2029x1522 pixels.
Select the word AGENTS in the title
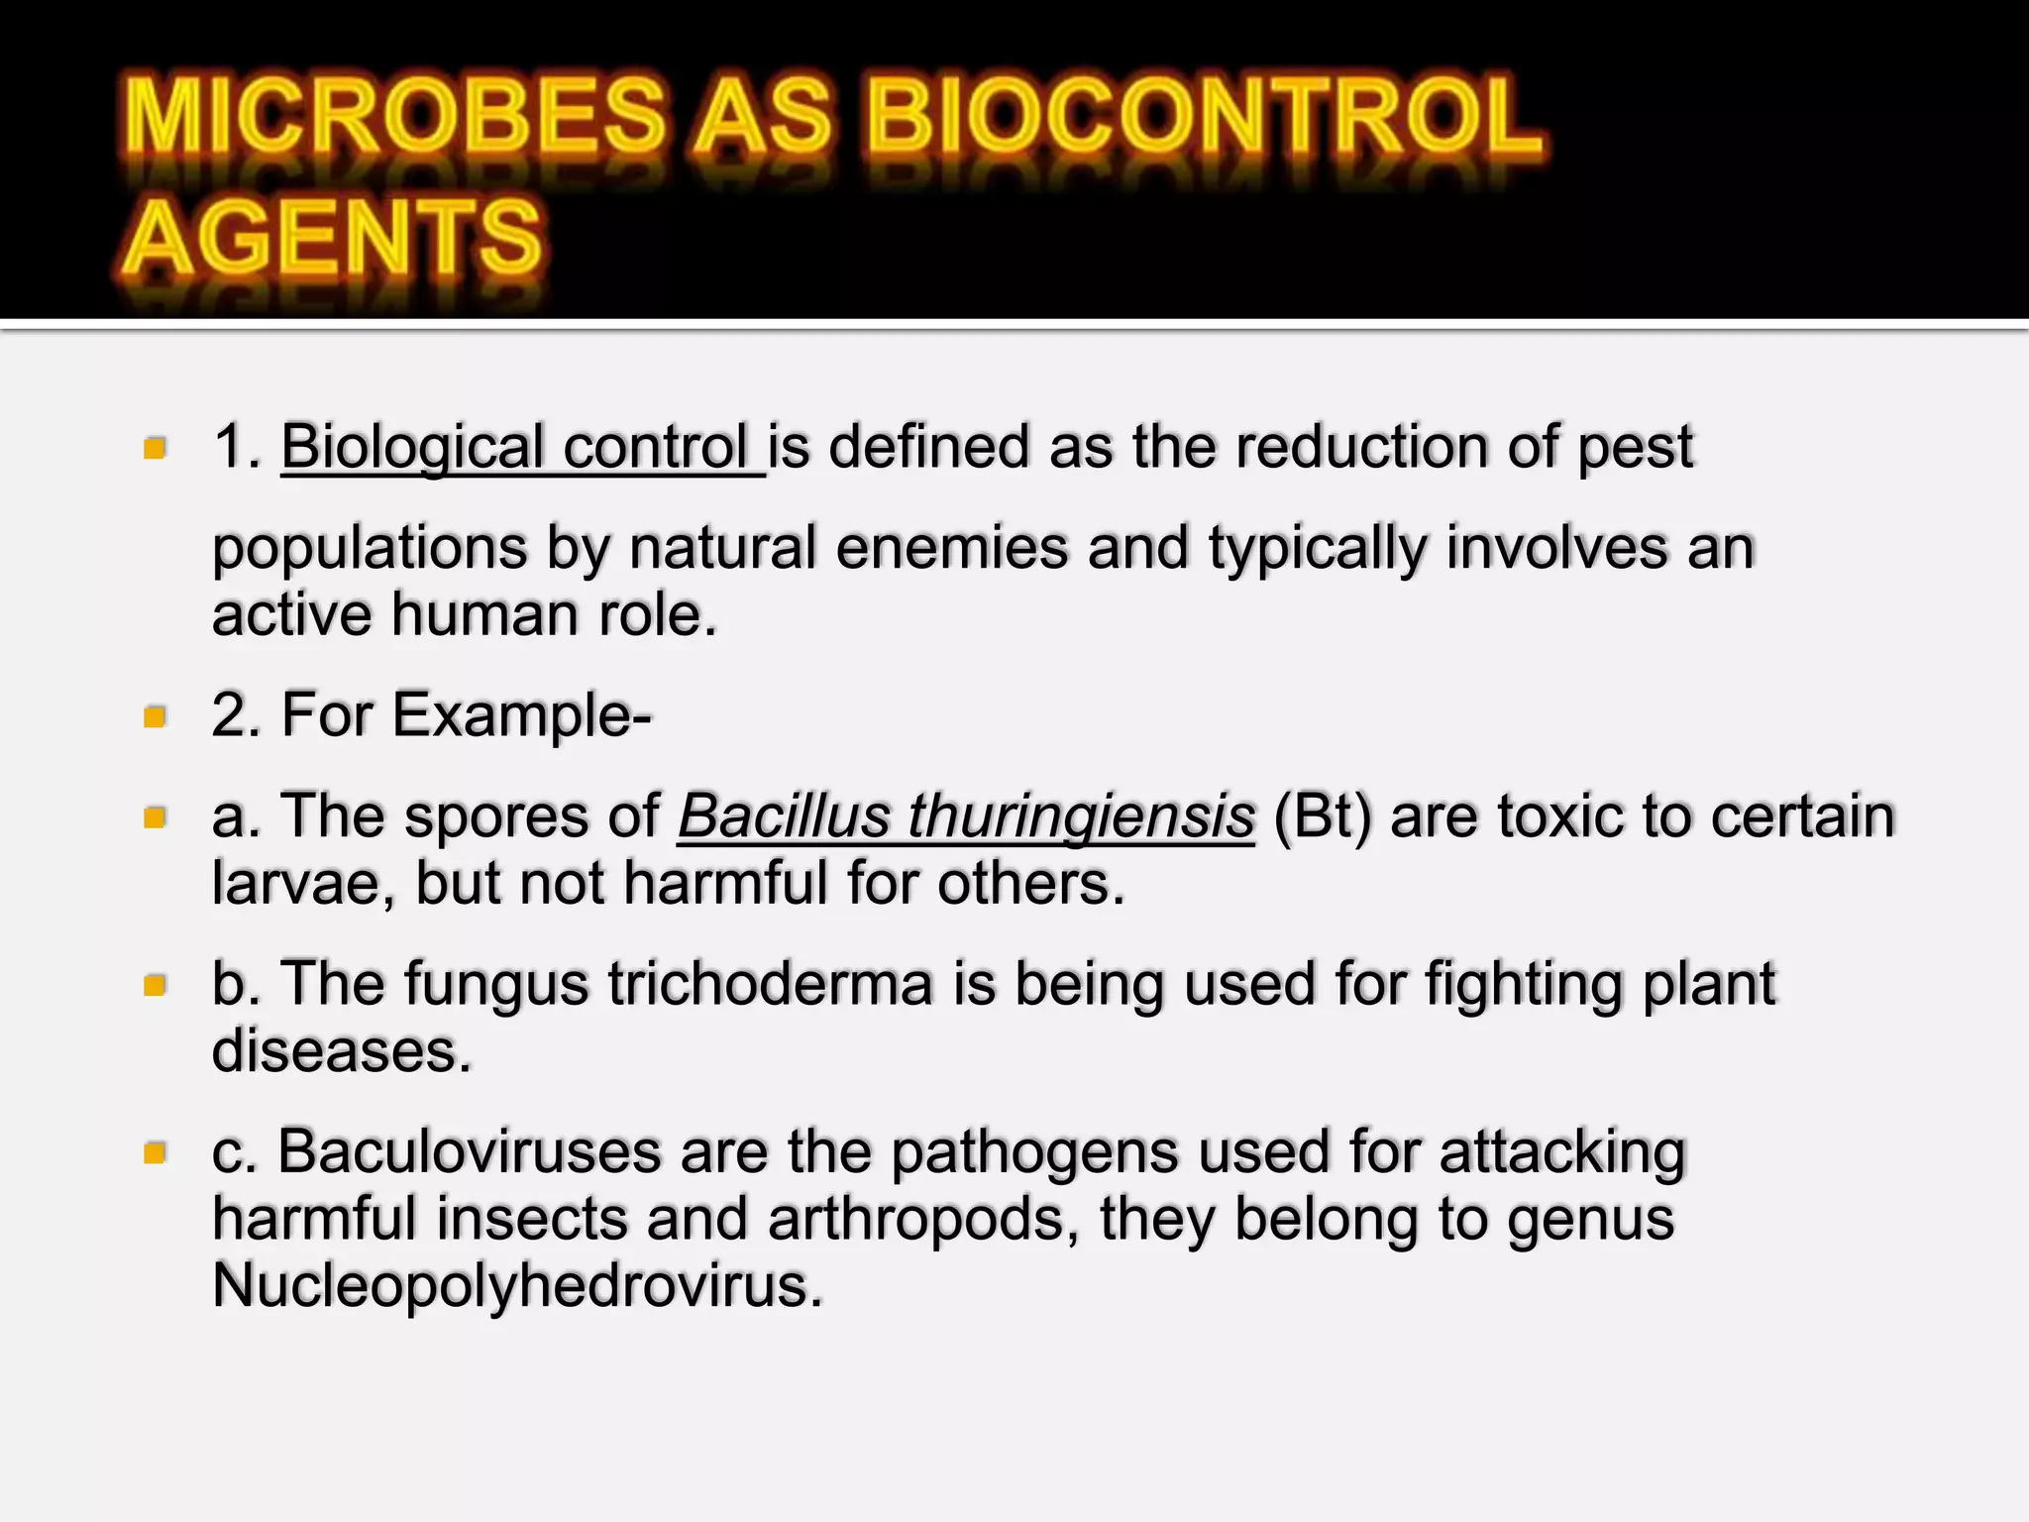pyautogui.click(x=333, y=238)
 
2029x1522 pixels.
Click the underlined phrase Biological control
pyautogui.click(x=521, y=448)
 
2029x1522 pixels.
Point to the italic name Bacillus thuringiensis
pyautogui.click(x=966, y=816)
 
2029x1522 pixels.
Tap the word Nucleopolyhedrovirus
pyautogui.click(x=517, y=1285)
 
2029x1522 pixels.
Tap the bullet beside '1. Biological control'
pyautogui.click(x=155, y=449)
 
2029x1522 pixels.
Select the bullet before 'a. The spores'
pyautogui.click(x=155, y=817)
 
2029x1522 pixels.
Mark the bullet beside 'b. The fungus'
pyautogui.click(x=155, y=985)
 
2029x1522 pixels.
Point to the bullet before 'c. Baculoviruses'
pyautogui.click(x=155, y=1153)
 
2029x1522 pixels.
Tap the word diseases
pyautogui.click(x=342, y=1050)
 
